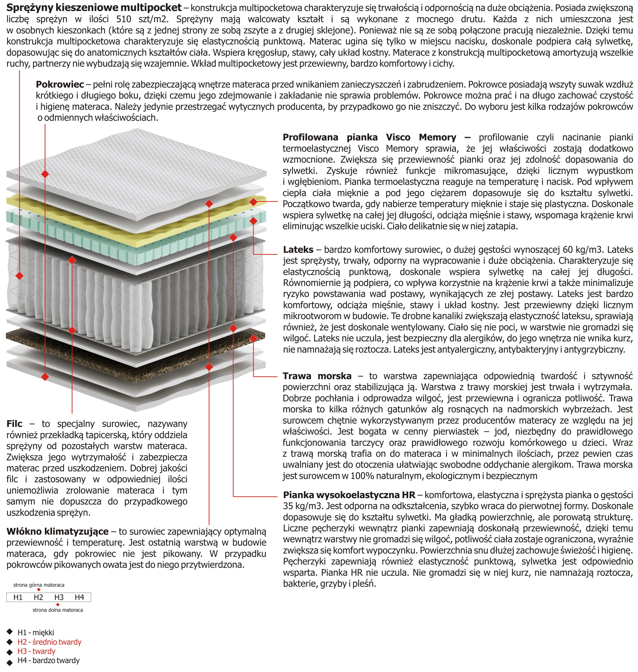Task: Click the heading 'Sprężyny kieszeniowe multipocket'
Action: click(94, 7)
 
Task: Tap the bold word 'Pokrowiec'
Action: click(60, 84)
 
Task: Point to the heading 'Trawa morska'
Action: click(317, 376)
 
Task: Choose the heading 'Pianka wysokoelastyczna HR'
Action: click(349, 495)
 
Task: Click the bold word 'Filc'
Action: click(14, 424)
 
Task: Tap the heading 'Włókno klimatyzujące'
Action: click(57, 532)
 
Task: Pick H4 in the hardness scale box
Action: click(79, 597)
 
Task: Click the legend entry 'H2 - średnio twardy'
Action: click(49, 642)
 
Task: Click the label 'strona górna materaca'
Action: click(39, 585)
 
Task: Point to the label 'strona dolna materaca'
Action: click(58, 610)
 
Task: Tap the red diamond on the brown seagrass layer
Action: click(253, 338)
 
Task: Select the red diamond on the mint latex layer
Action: click(253, 221)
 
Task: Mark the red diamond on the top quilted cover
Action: click(45, 174)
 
